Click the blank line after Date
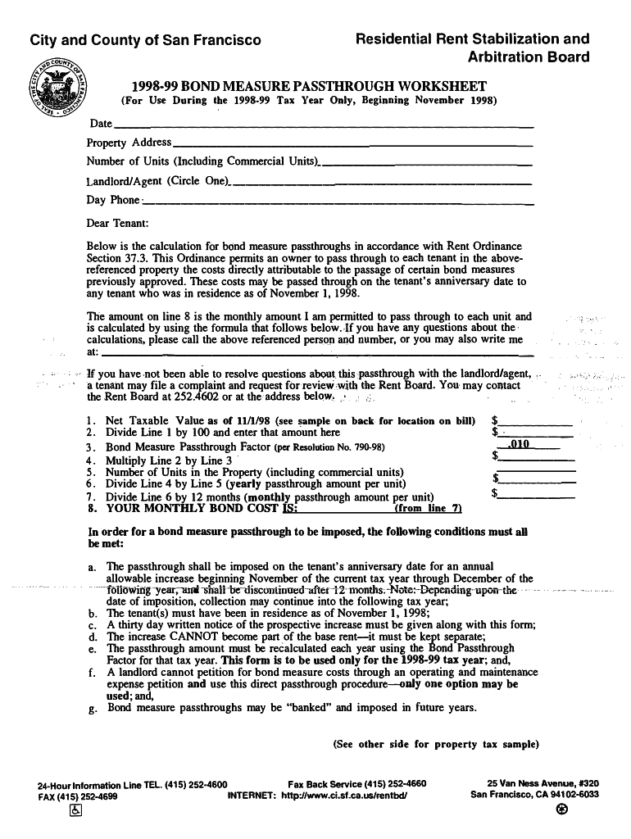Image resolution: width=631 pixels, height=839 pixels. (x=324, y=125)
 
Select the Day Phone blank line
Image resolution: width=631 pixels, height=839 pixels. (x=338, y=202)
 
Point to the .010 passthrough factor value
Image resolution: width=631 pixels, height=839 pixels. (x=520, y=444)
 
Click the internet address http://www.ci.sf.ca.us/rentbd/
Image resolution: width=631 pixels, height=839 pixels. (x=344, y=796)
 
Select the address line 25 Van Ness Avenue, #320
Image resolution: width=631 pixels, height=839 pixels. (x=542, y=783)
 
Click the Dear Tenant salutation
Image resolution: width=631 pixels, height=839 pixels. (x=117, y=223)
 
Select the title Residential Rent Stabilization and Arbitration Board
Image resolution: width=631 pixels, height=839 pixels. (x=471, y=48)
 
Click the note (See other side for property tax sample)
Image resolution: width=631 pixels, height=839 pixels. (x=436, y=745)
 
